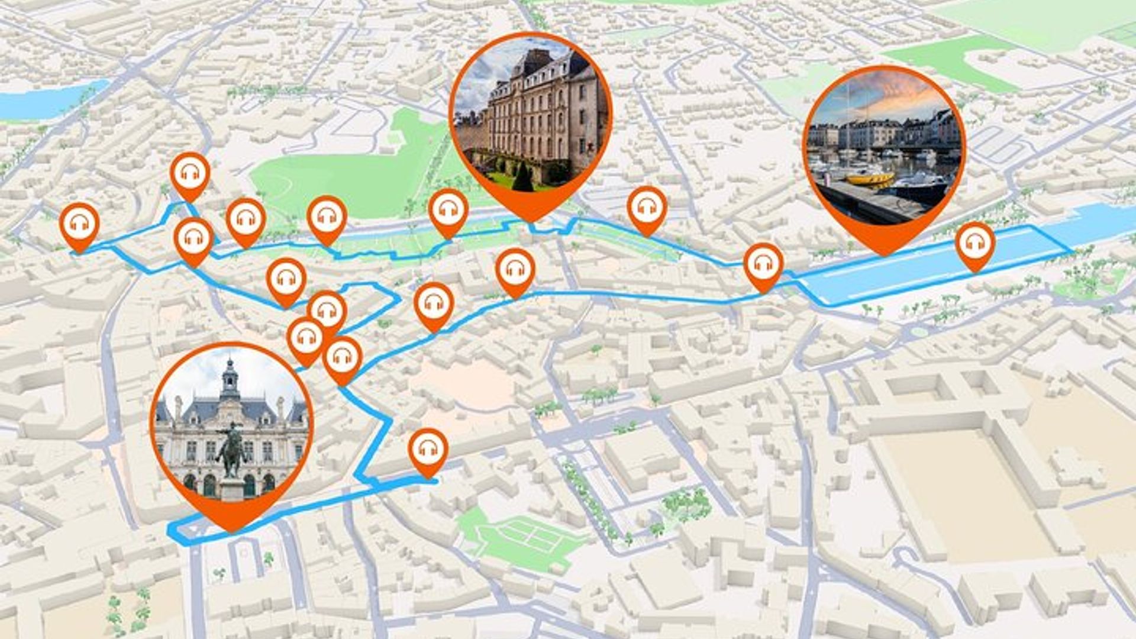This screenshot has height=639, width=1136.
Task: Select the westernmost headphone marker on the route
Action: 79,224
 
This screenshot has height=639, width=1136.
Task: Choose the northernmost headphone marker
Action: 190,173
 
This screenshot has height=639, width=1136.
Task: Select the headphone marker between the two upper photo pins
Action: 647,208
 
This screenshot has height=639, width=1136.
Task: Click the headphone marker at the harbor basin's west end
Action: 763,264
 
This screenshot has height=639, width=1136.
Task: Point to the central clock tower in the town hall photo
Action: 230,379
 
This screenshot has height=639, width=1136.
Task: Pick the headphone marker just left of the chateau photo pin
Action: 448,209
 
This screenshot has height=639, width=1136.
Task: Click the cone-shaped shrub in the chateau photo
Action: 522,177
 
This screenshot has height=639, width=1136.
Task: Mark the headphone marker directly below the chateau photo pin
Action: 515,270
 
